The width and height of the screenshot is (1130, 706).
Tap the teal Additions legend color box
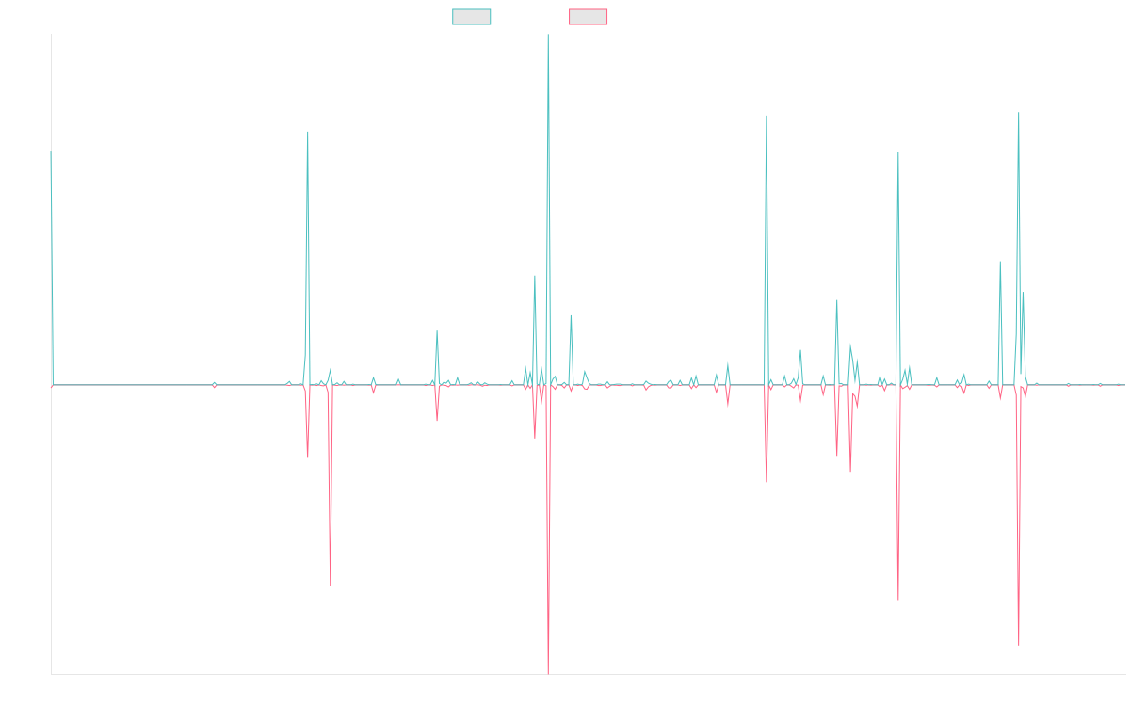472,17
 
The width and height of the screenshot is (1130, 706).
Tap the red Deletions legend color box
589,17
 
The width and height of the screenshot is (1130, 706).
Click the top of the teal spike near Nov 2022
767,115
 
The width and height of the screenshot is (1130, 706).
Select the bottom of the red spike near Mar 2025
1019,646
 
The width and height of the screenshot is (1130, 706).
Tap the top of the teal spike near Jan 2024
898,152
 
